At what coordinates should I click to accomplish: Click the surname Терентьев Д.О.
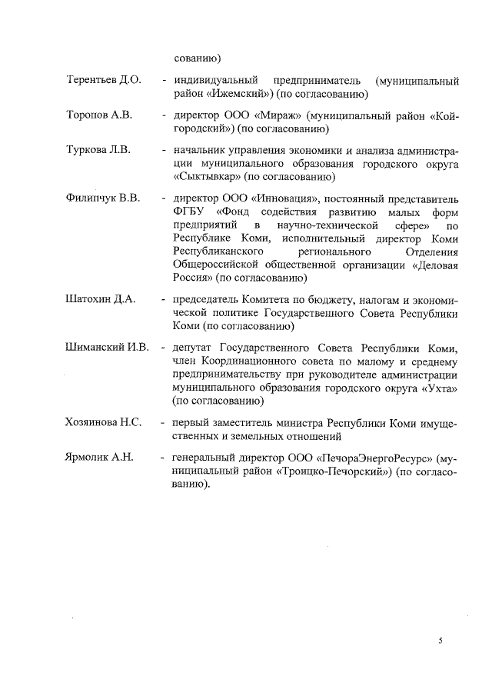tap(104, 81)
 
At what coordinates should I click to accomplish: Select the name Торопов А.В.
tap(99, 115)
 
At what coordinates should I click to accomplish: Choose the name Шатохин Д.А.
tap(101, 299)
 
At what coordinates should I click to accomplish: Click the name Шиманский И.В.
tap(107, 348)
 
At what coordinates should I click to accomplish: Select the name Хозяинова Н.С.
tap(105, 424)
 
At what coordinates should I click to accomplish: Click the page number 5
tap(440, 640)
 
